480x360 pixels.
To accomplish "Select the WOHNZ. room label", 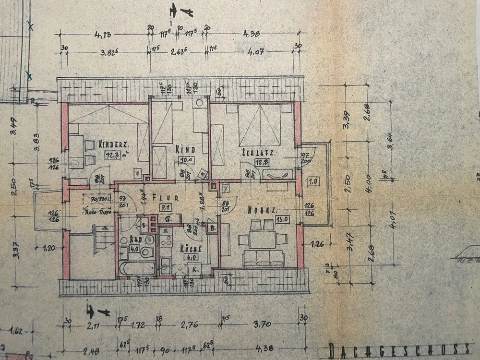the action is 262,209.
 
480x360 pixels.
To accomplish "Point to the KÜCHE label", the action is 190,249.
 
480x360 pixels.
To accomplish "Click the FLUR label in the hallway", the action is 166,197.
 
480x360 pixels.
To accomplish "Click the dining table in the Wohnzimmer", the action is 262,239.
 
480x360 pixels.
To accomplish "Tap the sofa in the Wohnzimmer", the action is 263,258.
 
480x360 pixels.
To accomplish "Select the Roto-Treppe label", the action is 98,211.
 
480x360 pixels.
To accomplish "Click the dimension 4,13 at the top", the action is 103,35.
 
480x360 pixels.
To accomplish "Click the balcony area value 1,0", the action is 313,181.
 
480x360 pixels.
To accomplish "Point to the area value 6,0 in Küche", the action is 188,257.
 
